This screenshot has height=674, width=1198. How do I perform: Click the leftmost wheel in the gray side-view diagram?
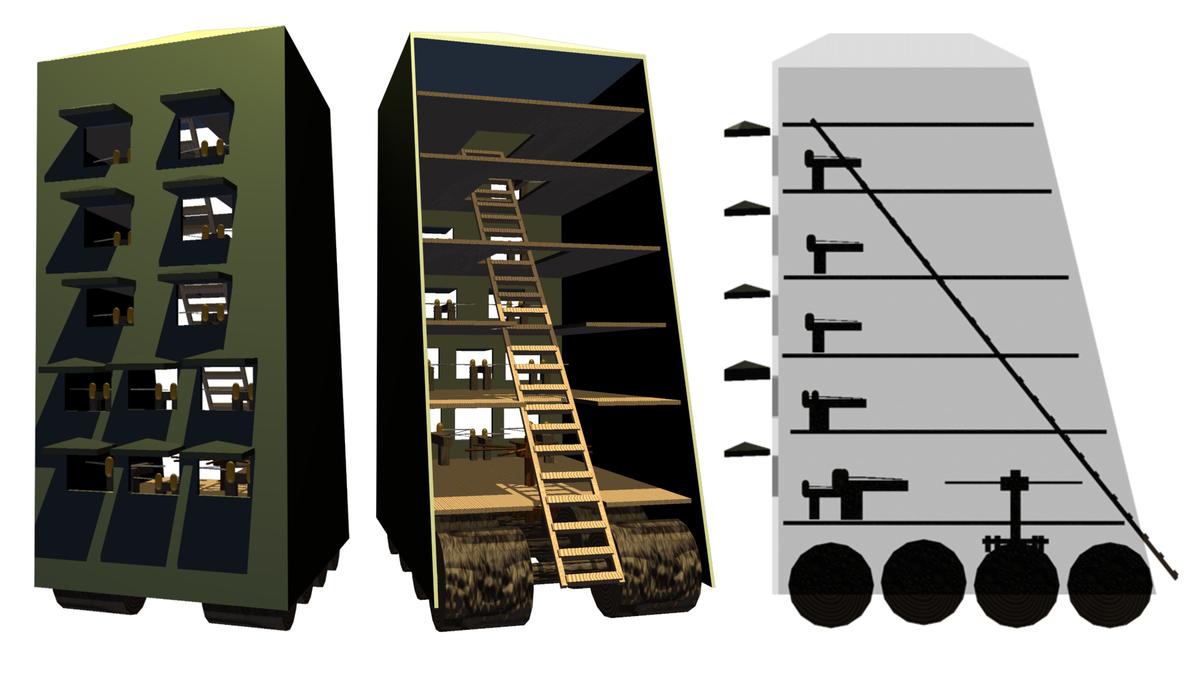(830, 585)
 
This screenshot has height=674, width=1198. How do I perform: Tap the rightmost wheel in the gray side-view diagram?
(1110, 585)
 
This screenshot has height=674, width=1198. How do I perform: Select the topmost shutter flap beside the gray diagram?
(747, 129)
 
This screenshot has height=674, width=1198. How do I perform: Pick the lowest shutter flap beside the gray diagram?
(747, 449)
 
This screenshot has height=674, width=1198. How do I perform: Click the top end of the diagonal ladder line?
(813, 121)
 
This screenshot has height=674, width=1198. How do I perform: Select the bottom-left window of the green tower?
(89, 473)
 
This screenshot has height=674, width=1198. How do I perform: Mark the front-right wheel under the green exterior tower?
(250, 615)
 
